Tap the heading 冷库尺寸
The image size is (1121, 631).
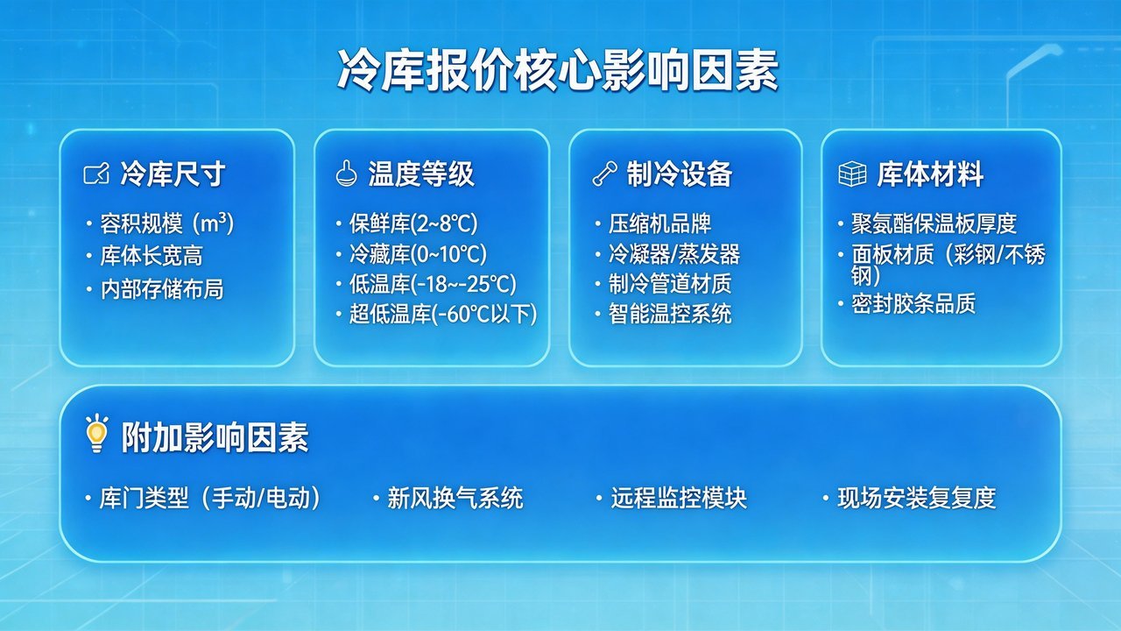coord(173,174)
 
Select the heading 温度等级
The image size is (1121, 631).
coord(421,174)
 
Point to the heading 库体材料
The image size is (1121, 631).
coord(930,174)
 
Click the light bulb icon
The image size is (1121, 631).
coord(95,434)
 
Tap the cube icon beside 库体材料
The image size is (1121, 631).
coord(852,174)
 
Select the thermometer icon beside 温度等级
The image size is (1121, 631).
coord(345,174)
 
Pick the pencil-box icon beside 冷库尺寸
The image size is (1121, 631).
coord(95,174)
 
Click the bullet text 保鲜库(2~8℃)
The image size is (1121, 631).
coord(413,223)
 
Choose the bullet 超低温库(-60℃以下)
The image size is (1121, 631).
coord(443,314)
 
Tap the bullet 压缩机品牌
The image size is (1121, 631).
coord(659,223)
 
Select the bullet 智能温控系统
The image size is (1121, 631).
coord(670,314)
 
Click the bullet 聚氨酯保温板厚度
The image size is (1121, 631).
coord(934,223)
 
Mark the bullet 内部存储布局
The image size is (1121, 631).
coord(161,289)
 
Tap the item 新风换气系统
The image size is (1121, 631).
coord(455,499)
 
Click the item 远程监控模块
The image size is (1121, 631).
coord(679,499)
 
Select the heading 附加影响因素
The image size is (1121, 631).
coord(215,436)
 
